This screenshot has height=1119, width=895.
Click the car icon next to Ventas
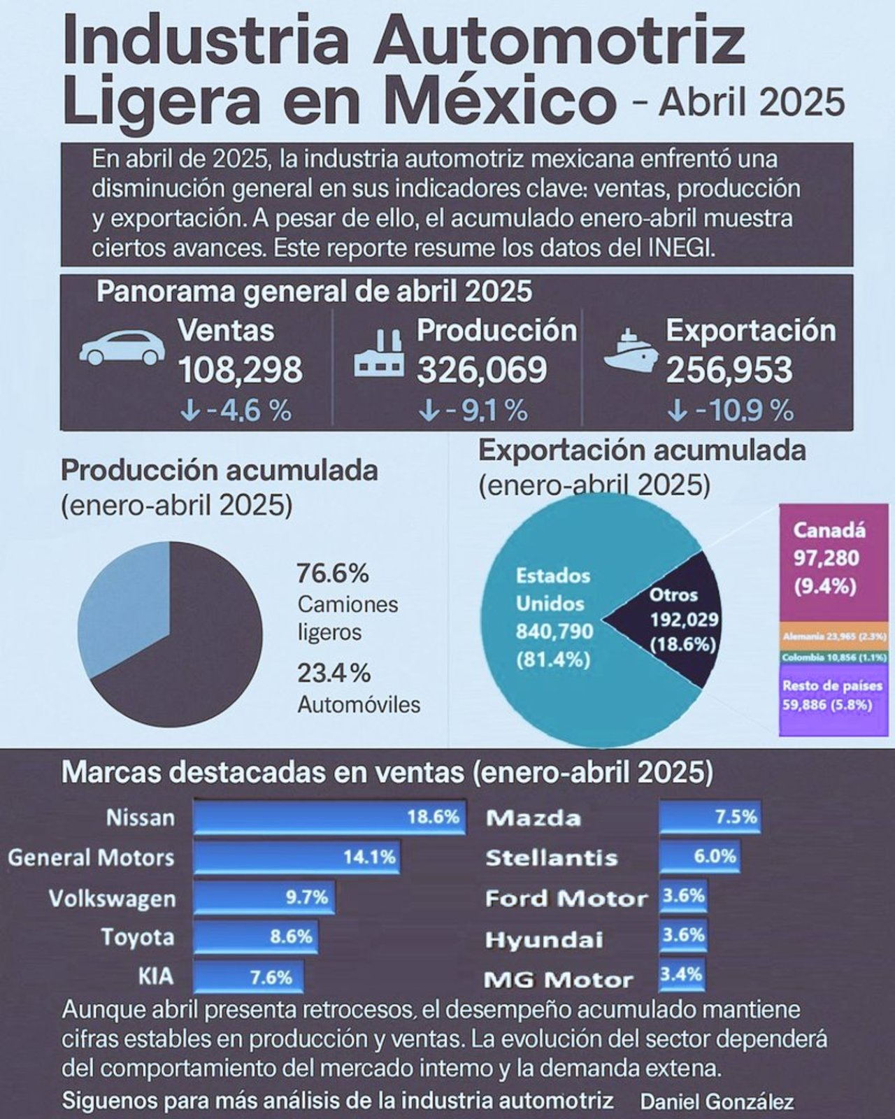122,348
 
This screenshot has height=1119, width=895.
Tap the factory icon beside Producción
378,354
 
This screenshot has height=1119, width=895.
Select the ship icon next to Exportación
630,350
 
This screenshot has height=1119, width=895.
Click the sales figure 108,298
241,370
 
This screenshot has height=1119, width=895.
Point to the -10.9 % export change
731,411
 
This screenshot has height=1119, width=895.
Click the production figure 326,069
482,370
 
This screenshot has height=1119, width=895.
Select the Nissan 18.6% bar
329,818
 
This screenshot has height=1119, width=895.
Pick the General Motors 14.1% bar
297,857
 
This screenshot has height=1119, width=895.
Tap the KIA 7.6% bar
248,977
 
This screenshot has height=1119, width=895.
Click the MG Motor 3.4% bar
681,974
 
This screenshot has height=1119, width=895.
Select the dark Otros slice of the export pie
671,619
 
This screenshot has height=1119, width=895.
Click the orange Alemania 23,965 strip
833,636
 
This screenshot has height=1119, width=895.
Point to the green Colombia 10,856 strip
833,658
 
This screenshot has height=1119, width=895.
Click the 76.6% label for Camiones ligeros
332,574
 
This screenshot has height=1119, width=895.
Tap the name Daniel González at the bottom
717,1102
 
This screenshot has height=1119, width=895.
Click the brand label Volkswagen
112,899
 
